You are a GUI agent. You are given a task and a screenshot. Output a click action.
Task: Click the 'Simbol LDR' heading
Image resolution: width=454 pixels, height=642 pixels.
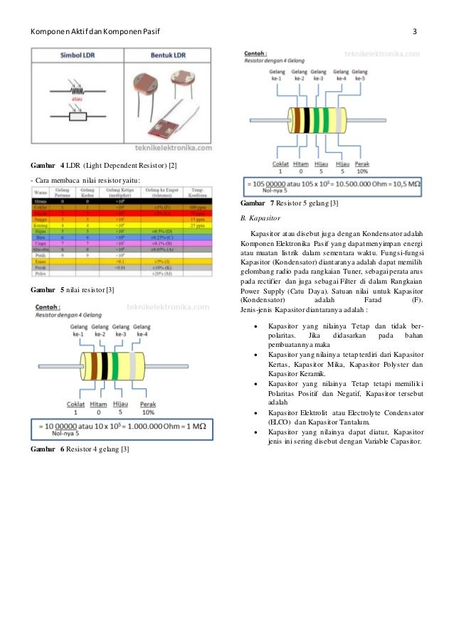click(x=78, y=55)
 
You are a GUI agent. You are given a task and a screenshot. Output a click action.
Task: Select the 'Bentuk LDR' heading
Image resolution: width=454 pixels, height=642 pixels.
click(x=168, y=55)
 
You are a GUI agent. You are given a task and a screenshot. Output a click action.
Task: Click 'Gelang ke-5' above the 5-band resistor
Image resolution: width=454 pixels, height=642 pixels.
click(x=360, y=76)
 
